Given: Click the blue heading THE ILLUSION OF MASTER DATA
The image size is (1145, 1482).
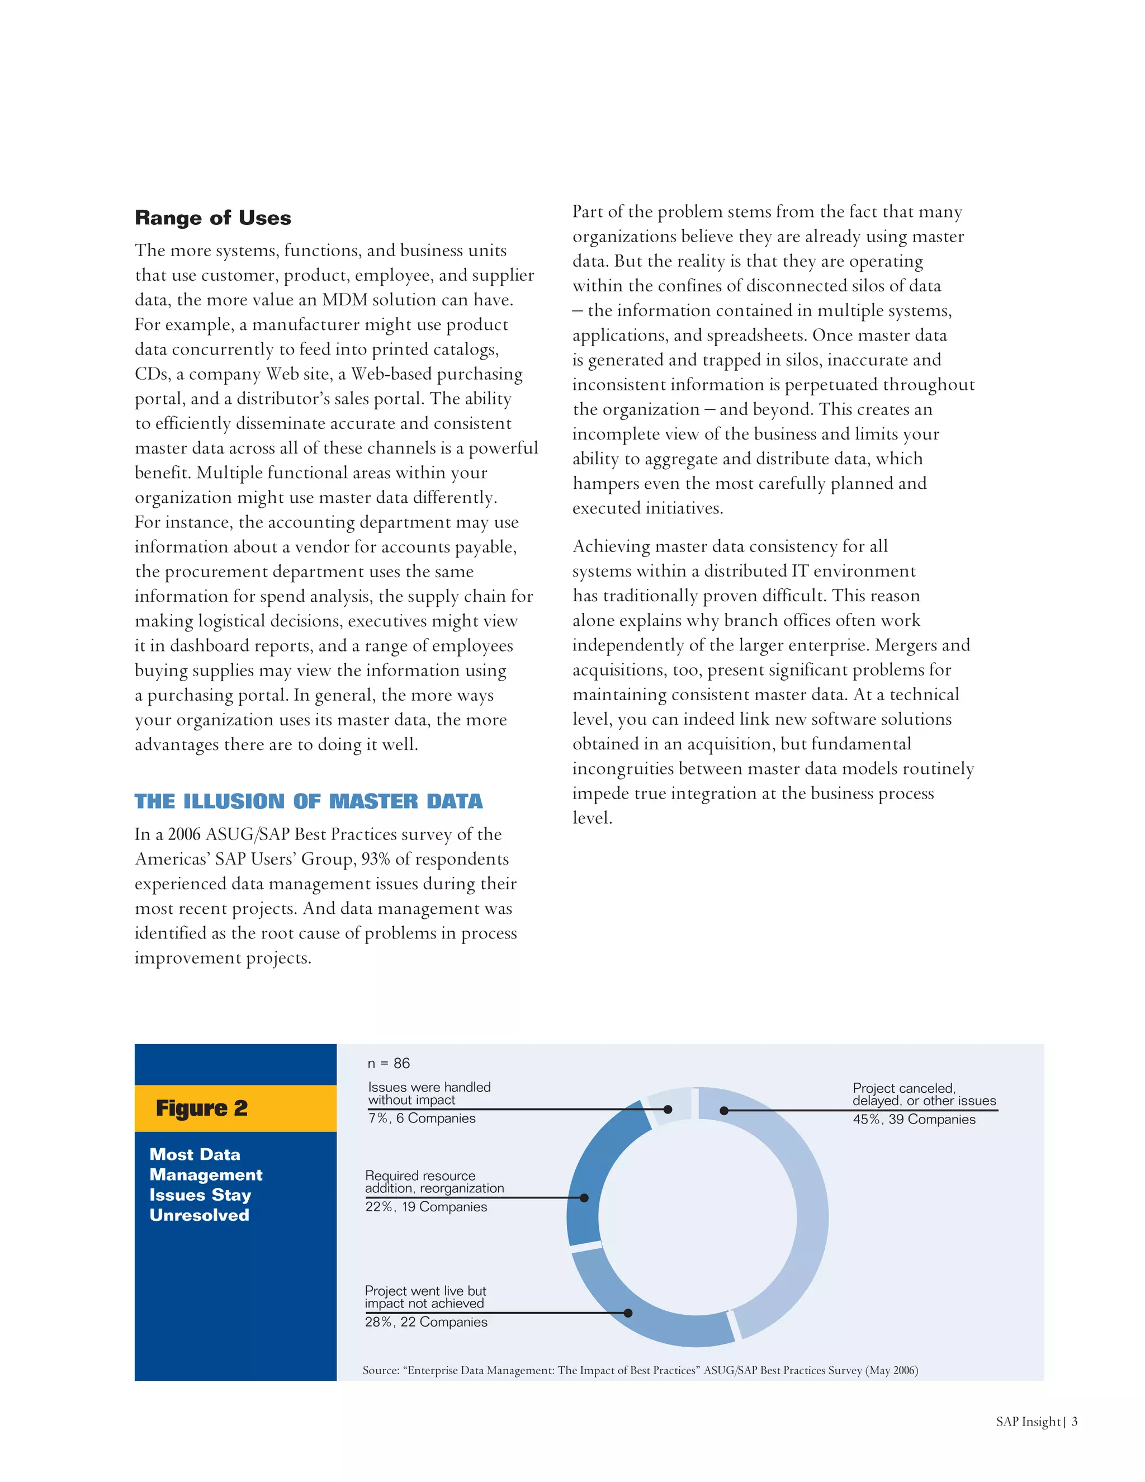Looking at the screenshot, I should tap(308, 801).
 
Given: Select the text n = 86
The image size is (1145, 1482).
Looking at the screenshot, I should tap(389, 1063).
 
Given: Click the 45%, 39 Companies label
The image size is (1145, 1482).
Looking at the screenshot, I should tap(914, 1120).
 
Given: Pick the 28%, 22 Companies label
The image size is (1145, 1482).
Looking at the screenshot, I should tap(426, 1322).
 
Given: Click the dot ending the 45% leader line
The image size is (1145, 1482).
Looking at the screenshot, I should tap(724, 1111).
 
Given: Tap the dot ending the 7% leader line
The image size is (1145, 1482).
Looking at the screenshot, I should tap(668, 1110).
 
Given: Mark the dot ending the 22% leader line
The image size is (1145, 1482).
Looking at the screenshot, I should tap(584, 1198).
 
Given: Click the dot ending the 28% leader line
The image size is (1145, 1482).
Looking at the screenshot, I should tap(628, 1313).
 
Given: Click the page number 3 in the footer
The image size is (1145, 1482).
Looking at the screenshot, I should tap(1075, 1422).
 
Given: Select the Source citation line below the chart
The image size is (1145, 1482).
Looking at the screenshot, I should tap(640, 1370).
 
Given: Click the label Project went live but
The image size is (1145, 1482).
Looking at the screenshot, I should tap(425, 1291).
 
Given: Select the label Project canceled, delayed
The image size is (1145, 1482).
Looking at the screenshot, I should tap(923, 1094).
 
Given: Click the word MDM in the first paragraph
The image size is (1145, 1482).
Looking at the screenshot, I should tap(346, 300).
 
